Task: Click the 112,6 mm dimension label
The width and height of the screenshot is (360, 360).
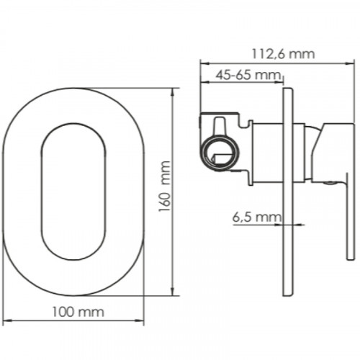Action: [283, 54]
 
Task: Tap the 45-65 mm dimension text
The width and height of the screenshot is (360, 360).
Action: [248, 75]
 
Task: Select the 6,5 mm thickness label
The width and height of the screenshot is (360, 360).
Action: [256, 217]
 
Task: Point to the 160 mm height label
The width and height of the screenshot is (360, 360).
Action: [165, 186]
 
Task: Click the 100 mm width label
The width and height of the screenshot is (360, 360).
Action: [78, 312]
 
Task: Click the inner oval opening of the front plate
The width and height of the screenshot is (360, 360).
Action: [73, 192]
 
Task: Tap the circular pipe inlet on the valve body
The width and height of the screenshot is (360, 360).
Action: [220, 152]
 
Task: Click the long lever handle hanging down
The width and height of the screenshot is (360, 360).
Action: [350, 216]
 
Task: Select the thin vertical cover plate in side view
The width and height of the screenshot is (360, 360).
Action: [288, 192]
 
